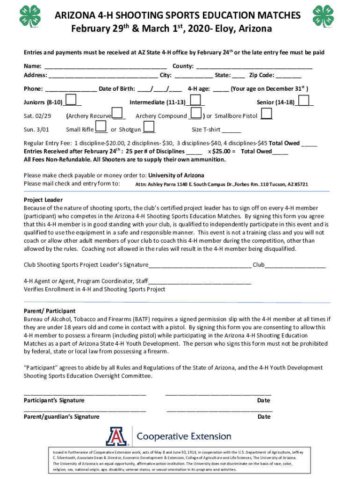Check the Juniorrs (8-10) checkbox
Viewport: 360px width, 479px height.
click(71, 101)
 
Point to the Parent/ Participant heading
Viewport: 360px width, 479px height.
click(50, 311)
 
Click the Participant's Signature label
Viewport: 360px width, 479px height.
click(54, 400)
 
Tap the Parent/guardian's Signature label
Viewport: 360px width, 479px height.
click(62, 416)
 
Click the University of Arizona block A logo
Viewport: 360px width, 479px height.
click(117, 436)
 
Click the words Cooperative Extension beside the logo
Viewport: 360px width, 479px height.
click(183, 436)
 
